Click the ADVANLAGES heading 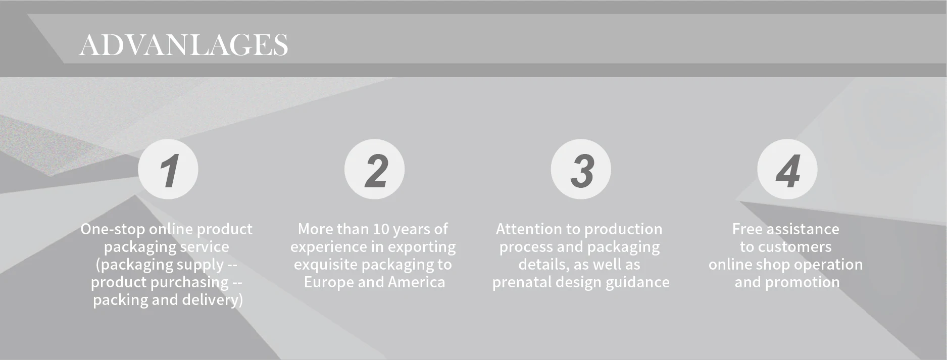tap(183, 44)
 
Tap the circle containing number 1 tap(168, 169)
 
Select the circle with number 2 tap(374, 169)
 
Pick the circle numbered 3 tap(581, 169)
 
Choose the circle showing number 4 tap(787, 169)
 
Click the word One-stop tap(112, 229)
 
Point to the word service tap(206, 247)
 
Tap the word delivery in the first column tap(213, 300)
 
